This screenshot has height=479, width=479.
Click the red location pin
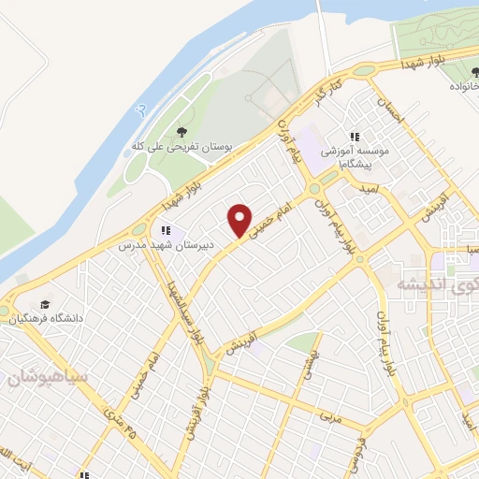pos(240,220)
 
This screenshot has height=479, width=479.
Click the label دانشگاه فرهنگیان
pos(48,319)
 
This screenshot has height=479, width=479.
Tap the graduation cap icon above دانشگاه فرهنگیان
pos(45,304)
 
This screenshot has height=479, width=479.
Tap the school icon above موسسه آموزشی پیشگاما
pos(355,136)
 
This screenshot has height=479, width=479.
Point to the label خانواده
pos(458,86)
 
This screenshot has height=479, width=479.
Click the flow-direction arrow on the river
pos(141,110)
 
